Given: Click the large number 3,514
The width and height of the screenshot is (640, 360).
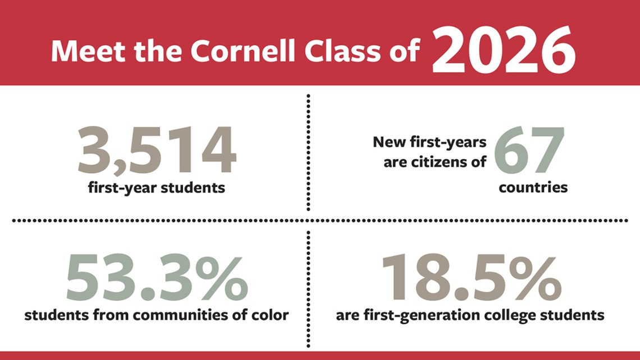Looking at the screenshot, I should click(x=157, y=150).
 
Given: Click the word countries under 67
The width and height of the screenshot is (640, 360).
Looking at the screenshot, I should click(x=533, y=188).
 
